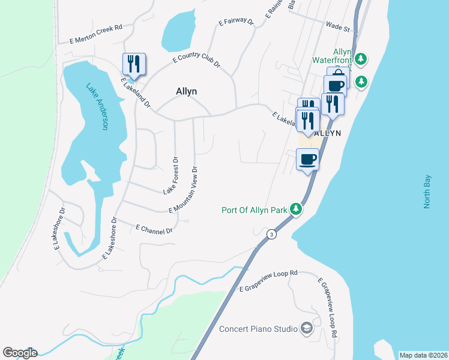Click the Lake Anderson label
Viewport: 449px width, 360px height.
(97, 106)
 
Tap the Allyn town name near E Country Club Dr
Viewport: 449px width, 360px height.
(186, 92)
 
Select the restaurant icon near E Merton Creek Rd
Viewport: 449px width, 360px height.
(134, 64)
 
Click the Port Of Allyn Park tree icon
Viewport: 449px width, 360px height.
(295, 209)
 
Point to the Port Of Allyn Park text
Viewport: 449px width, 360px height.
(254, 210)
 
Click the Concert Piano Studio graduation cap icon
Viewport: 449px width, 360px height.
(307, 328)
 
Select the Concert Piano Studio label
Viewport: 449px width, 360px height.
(258, 329)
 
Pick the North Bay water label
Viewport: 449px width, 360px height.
(427, 191)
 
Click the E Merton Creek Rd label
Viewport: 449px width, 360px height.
(95, 35)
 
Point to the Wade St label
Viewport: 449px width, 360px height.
(338, 27)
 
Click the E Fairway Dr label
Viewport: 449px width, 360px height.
(236, 22)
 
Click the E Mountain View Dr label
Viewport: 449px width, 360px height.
(188, 187)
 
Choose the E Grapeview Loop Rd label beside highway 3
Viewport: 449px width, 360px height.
(268, 281)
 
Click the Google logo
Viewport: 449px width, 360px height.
(20, 353)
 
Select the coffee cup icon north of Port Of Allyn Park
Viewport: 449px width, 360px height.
(308, 160)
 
